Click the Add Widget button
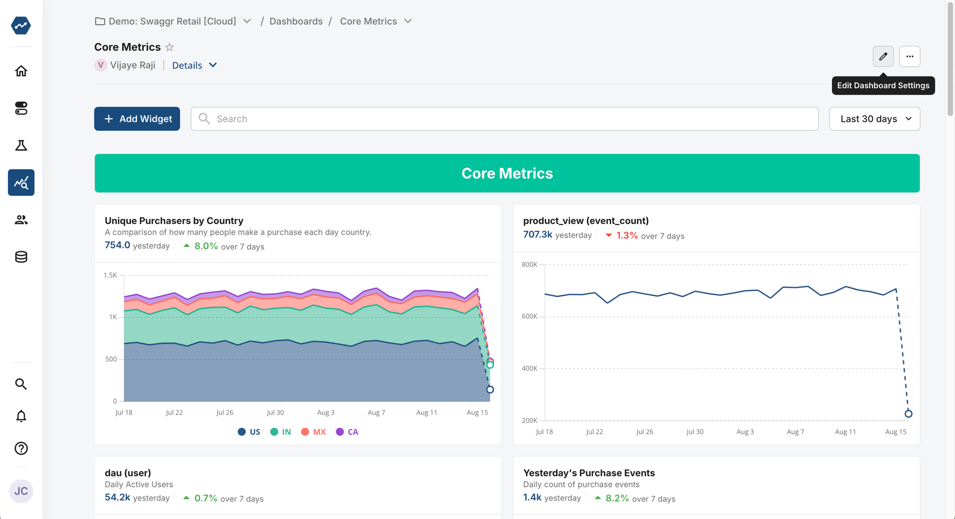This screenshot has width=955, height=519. pos(137,119)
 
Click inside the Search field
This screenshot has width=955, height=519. pos(504,119)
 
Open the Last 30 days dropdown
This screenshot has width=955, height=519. pos(874,119)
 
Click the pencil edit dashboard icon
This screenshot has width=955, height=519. pos(883,56)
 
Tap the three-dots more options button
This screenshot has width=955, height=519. pos(910,56)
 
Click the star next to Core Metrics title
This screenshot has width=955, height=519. pos(170,47)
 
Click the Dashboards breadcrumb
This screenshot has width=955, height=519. pos(296,22)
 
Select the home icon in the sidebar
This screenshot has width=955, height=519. pos(21,71)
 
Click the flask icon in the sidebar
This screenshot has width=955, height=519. pos(21,145)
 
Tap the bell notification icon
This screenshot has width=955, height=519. pos(21,416)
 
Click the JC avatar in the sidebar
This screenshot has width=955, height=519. pos(21,491)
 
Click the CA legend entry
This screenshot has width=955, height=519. pos(347,432)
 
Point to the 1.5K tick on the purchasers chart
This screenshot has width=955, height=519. pos(110,275)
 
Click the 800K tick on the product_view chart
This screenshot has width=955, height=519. pos(530,265)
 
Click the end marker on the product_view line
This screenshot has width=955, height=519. pos(908,414)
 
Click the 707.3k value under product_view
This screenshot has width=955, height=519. pos(538,235)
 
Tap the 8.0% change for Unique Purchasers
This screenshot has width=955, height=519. pos(206,246)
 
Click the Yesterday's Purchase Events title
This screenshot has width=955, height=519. pos(589,473)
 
